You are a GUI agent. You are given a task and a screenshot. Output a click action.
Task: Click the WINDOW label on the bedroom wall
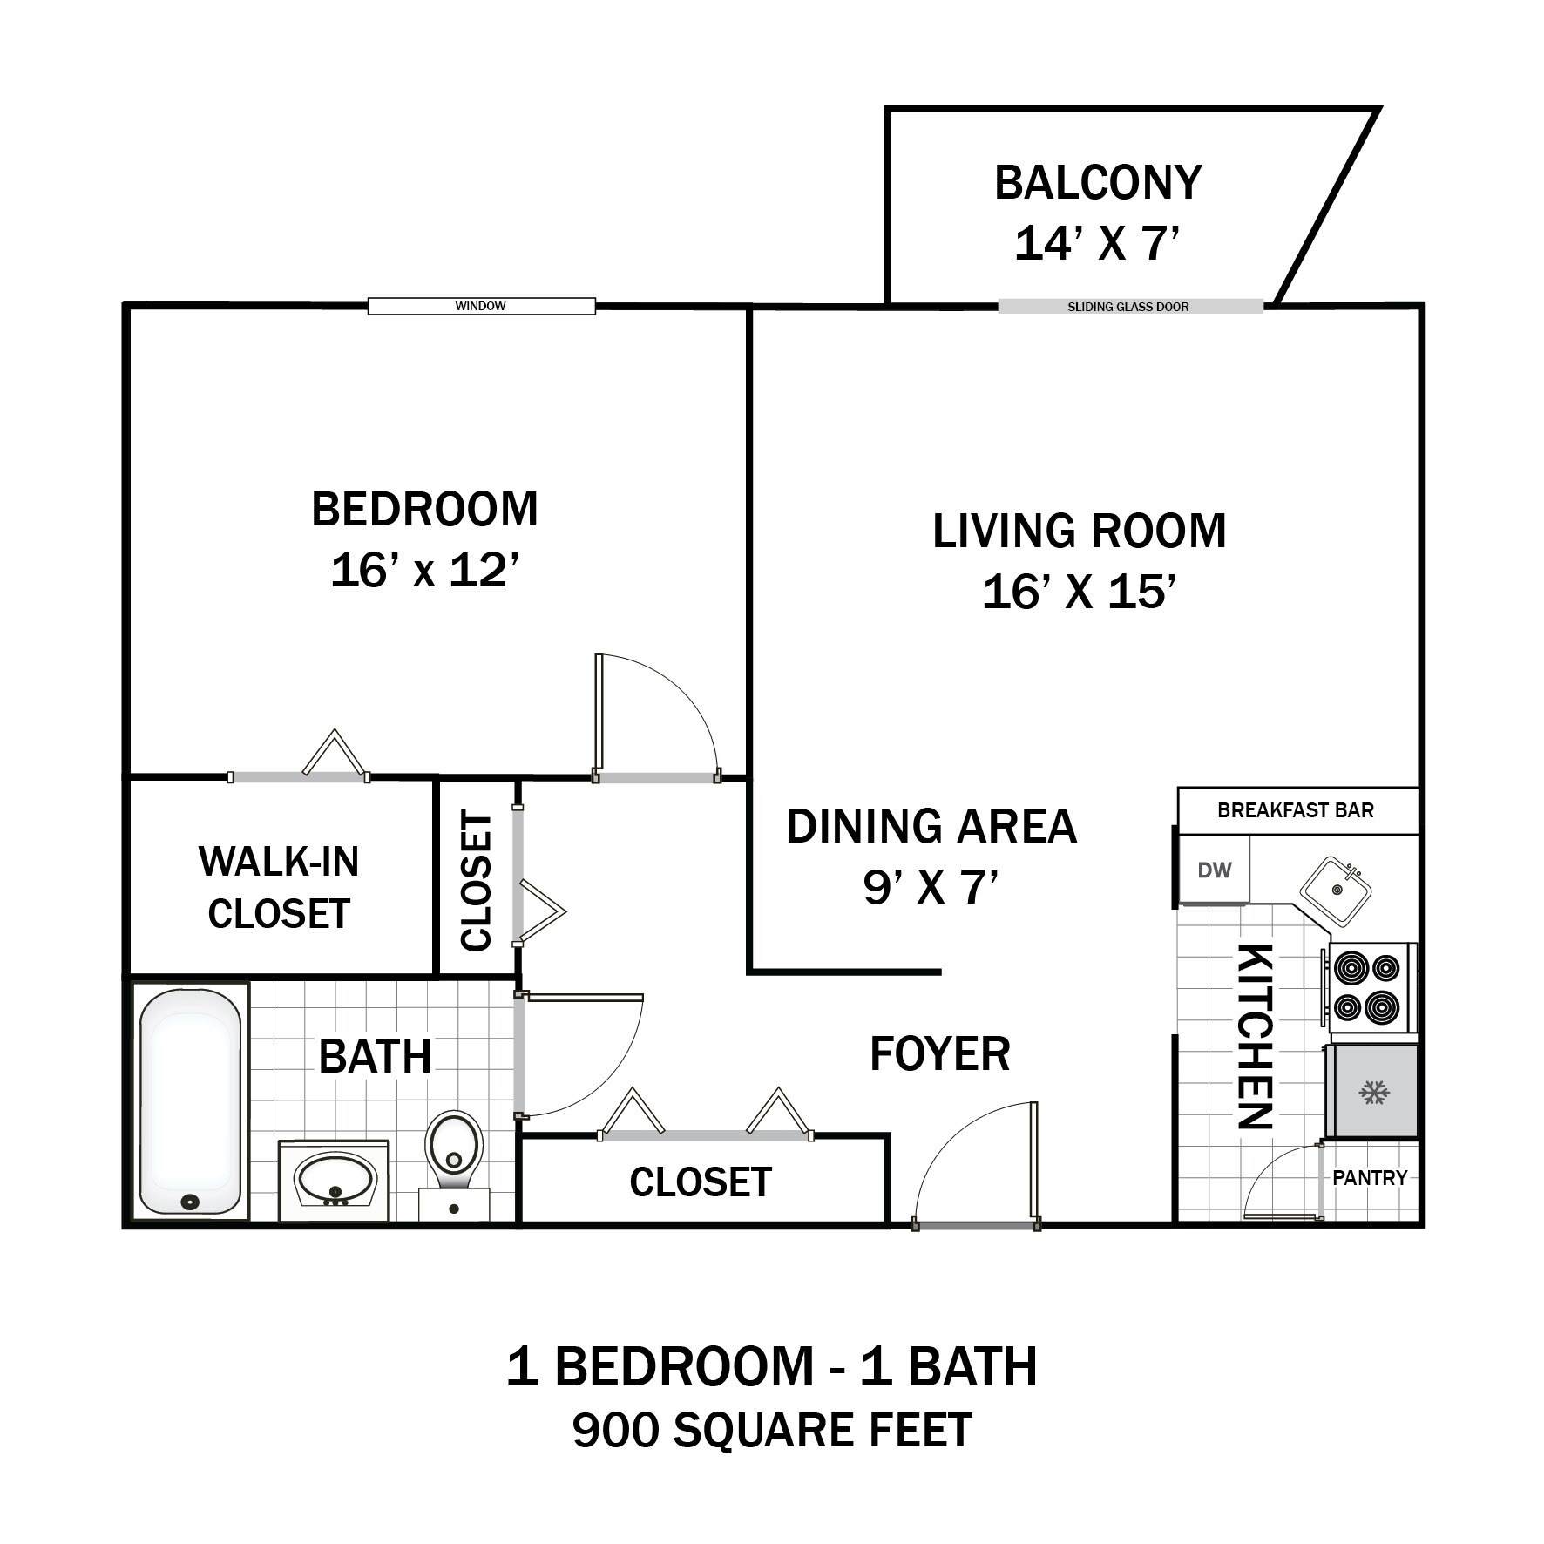coord(480,306)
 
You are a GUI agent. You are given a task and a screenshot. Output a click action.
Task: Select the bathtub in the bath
coord(190,1099)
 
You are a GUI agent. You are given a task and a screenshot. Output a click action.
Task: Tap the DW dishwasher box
coord(1214,870)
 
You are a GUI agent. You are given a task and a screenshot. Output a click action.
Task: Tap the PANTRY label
coord(1370,1178)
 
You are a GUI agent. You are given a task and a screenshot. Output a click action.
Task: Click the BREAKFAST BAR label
coord(1295,810)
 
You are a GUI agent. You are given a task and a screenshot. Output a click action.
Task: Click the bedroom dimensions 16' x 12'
coord(424,572)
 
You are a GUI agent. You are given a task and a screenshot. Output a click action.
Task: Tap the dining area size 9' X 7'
coord(930,888)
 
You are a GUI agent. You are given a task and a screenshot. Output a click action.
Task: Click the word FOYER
coord(939,1053)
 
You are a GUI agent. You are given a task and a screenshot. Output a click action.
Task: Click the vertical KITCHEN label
coord(1256,1036)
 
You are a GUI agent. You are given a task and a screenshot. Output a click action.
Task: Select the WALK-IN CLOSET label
coord(279,887)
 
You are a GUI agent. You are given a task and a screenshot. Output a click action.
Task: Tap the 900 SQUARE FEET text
coord(772,1430)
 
